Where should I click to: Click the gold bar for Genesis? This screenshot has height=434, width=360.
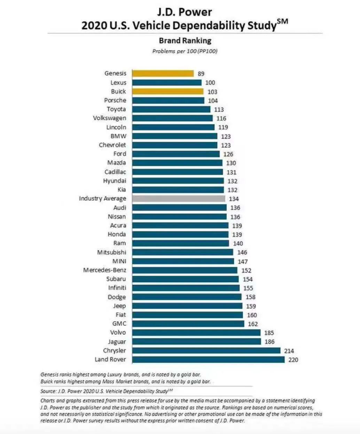(163, 73)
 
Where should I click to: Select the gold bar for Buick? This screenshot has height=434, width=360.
(167, 92)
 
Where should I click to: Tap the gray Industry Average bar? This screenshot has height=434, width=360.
(179, 199)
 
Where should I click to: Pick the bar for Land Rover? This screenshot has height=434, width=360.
(208, 359)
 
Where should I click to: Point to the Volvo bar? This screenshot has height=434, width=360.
(196, 333)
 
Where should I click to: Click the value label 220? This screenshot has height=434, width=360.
(293, 360)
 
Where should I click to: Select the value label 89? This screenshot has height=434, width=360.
(201, 74)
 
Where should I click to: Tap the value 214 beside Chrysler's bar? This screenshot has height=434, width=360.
(289, 351)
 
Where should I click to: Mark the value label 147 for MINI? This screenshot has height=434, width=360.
(243, 262)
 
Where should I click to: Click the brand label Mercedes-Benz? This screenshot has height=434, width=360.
(104, 270)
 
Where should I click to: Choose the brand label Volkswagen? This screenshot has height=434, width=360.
(109, 118)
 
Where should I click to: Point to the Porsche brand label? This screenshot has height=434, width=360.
(115, 100)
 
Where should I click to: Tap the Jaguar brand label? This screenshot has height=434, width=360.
(117, 342)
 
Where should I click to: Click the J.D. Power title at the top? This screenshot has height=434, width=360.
(185, 12)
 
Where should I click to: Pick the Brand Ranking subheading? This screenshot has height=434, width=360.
(185, 41)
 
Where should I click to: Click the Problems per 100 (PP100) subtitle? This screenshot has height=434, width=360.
(185, 51)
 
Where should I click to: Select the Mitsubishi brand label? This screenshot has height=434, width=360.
(111, 252)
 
